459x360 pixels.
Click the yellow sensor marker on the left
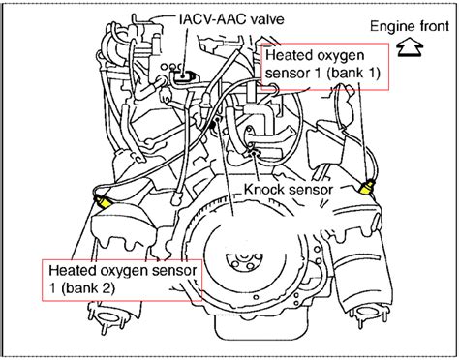[102, 203]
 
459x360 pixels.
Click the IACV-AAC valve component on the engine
[183, 75]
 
